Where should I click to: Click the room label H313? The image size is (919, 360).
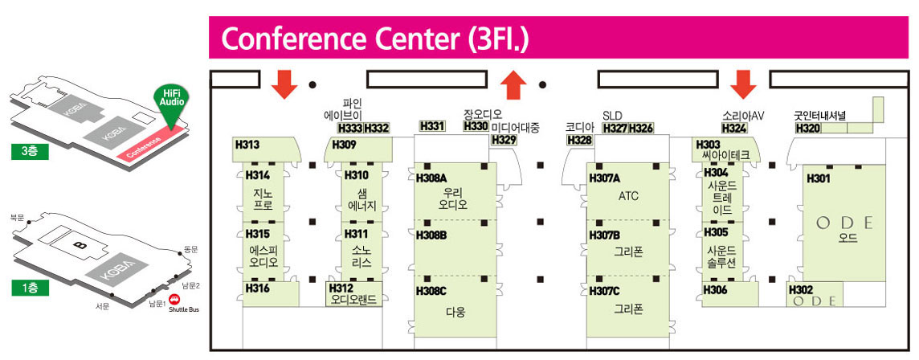[247, 145]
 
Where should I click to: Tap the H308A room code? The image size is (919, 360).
[431, 178]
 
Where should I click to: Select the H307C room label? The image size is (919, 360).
[605, 290]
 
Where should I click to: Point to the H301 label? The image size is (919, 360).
[818, 178]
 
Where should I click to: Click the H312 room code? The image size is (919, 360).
[341, 288]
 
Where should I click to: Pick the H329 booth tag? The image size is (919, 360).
[504, 140]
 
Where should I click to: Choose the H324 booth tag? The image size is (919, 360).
[734, 129]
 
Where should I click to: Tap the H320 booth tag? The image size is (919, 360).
[808, 129]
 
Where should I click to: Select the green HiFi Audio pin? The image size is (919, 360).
[170, 101]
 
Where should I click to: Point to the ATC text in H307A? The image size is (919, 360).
[628, 195]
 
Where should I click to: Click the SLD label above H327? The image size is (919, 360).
[613, 116]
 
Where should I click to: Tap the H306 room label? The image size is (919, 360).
[715, 290]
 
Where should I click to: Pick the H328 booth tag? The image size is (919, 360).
[579, 140]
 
